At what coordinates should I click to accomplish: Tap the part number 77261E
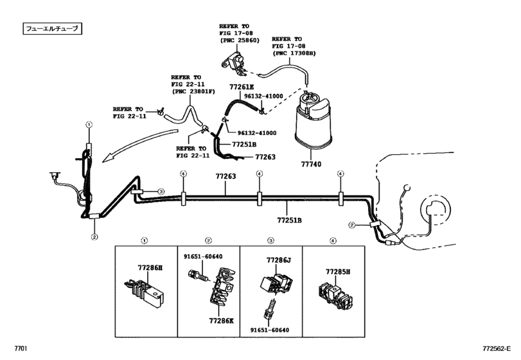[x=242, y=87]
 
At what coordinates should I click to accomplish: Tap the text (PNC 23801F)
[x=191, y=91]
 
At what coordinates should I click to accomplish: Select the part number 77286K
[x=221, y=319]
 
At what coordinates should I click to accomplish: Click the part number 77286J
[x=279, y=260]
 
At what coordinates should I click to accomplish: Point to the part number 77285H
[x=338, y=272]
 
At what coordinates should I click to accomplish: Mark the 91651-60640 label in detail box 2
[x=204, y=258]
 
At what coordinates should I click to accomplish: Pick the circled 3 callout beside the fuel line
[x=162, y=192]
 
